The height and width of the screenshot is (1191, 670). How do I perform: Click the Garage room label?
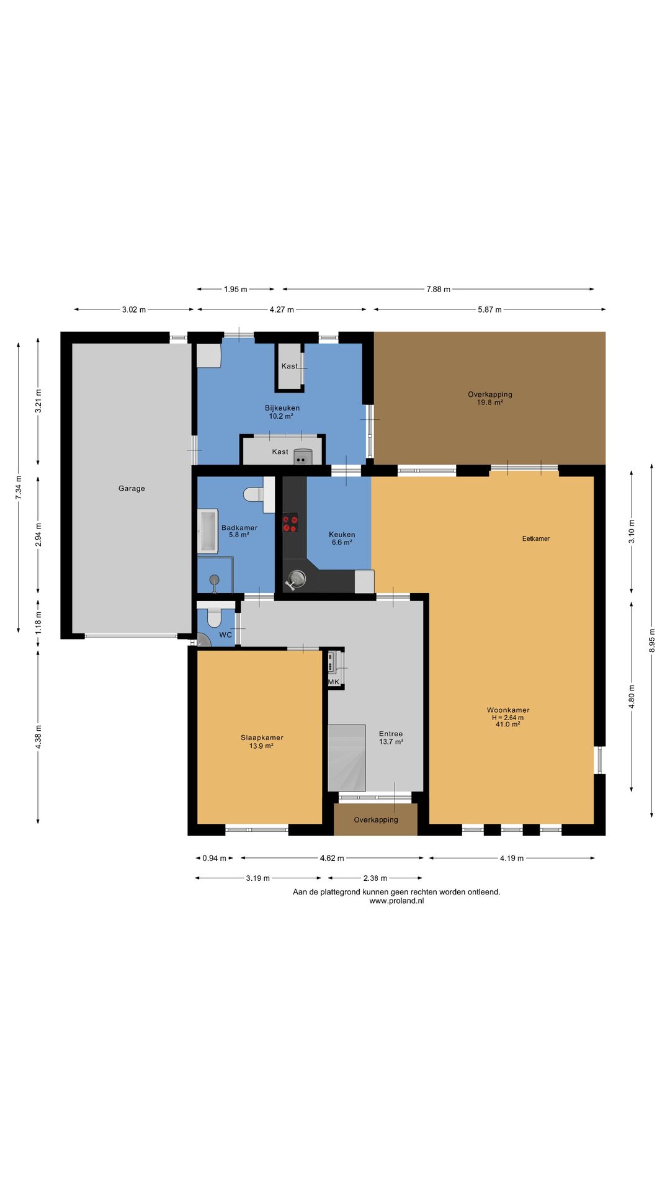[132, 488]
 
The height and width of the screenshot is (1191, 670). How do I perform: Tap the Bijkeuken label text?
[282, 408]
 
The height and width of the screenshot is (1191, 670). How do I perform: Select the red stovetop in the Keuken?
[290, 522]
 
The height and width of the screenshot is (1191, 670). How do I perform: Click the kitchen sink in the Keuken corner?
[295, 579]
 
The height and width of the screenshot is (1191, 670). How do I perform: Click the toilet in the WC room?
[214, 616]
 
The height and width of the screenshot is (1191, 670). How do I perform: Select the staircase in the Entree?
[346, 757]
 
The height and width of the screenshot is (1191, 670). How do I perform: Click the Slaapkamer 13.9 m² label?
[262, 741]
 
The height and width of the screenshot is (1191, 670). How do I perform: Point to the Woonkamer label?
[508, 710]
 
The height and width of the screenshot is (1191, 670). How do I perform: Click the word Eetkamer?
[536, 538]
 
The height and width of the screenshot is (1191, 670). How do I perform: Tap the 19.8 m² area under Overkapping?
[490, 402]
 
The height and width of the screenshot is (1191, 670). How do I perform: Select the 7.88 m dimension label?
[439, 289]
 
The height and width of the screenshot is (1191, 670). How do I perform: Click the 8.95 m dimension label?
[652, 640]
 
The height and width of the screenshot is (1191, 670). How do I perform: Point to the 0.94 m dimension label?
[215, 858]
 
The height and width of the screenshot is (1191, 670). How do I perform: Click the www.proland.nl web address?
[396, 901]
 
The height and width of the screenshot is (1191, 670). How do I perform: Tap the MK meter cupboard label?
[334, 682]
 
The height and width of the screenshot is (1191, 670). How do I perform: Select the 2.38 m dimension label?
[375, 878]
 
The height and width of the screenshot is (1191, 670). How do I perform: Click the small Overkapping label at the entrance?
[376, 819]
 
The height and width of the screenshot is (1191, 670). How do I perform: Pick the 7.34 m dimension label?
[19, 487]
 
